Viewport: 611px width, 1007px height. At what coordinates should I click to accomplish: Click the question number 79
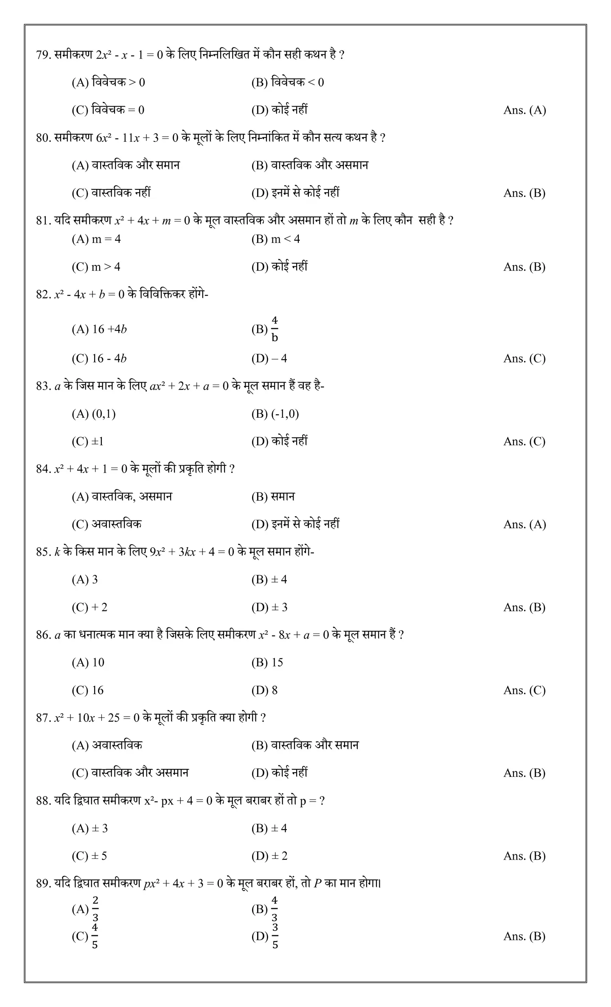pyautogui.click(x=43, y=55)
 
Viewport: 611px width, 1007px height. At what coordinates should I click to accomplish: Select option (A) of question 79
pyautogui.click(x=108, y=82)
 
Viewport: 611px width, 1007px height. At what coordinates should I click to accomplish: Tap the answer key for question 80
pyautogui.click(x=524, y=193)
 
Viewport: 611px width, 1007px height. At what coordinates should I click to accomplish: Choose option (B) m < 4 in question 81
pyautogui.click(x=275, y=239)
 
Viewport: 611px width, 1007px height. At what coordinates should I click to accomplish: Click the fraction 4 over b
pyautogui.click(x=275, y=329)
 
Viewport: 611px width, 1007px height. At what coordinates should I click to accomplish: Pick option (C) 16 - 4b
pyautogui.click(x=99, y=359)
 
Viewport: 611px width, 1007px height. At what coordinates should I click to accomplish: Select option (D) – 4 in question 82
pyautogui.click(x=269, y=359)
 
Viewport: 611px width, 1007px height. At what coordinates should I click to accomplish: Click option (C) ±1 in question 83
pyautogui.click(x=87, y=442)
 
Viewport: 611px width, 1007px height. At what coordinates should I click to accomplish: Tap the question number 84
pyautogui.click(x=43, y=469)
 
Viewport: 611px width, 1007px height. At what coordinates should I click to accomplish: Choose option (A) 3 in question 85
pyautogui.click(x=84, y=579)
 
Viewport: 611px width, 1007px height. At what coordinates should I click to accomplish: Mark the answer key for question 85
pyautogui.click(x=524, y=608)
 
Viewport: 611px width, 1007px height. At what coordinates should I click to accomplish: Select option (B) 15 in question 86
pyautogui.click(x=267, y=662)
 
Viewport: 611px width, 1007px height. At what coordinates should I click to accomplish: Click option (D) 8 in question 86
pyautogui.click(x=264, y=690)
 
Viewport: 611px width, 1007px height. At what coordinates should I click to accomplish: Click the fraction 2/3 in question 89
pyautogui.click(x=95, y=909)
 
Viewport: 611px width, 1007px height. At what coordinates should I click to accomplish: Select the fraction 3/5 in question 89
pyautogui.click(x=275, y=936)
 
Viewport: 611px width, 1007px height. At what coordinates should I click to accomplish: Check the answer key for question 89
pyautogui.click(x=524, y=937)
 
